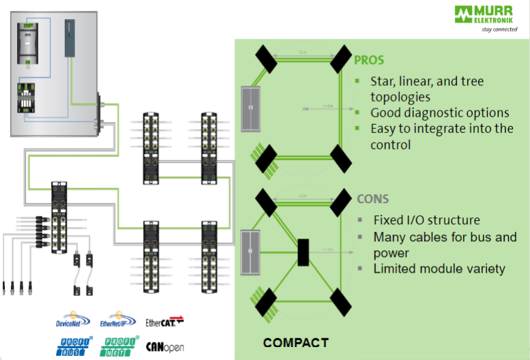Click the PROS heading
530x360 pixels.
tap(370, 59)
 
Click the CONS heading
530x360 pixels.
tap(372, 199)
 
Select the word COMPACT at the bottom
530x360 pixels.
tap(295, 342)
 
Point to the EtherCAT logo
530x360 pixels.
tap(165, 320)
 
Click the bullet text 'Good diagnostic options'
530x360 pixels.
tap(440, 112)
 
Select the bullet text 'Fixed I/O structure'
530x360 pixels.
tap(426, 220)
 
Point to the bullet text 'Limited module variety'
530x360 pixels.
tap(439, 269)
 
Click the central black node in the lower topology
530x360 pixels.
tap(304, 252)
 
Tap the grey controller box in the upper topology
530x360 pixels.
tap(251, 108)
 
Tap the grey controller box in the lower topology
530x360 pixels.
tap(251, 250)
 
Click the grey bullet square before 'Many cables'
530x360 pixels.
tap(359, 237)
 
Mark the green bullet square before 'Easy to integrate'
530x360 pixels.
tap(357, 127)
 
